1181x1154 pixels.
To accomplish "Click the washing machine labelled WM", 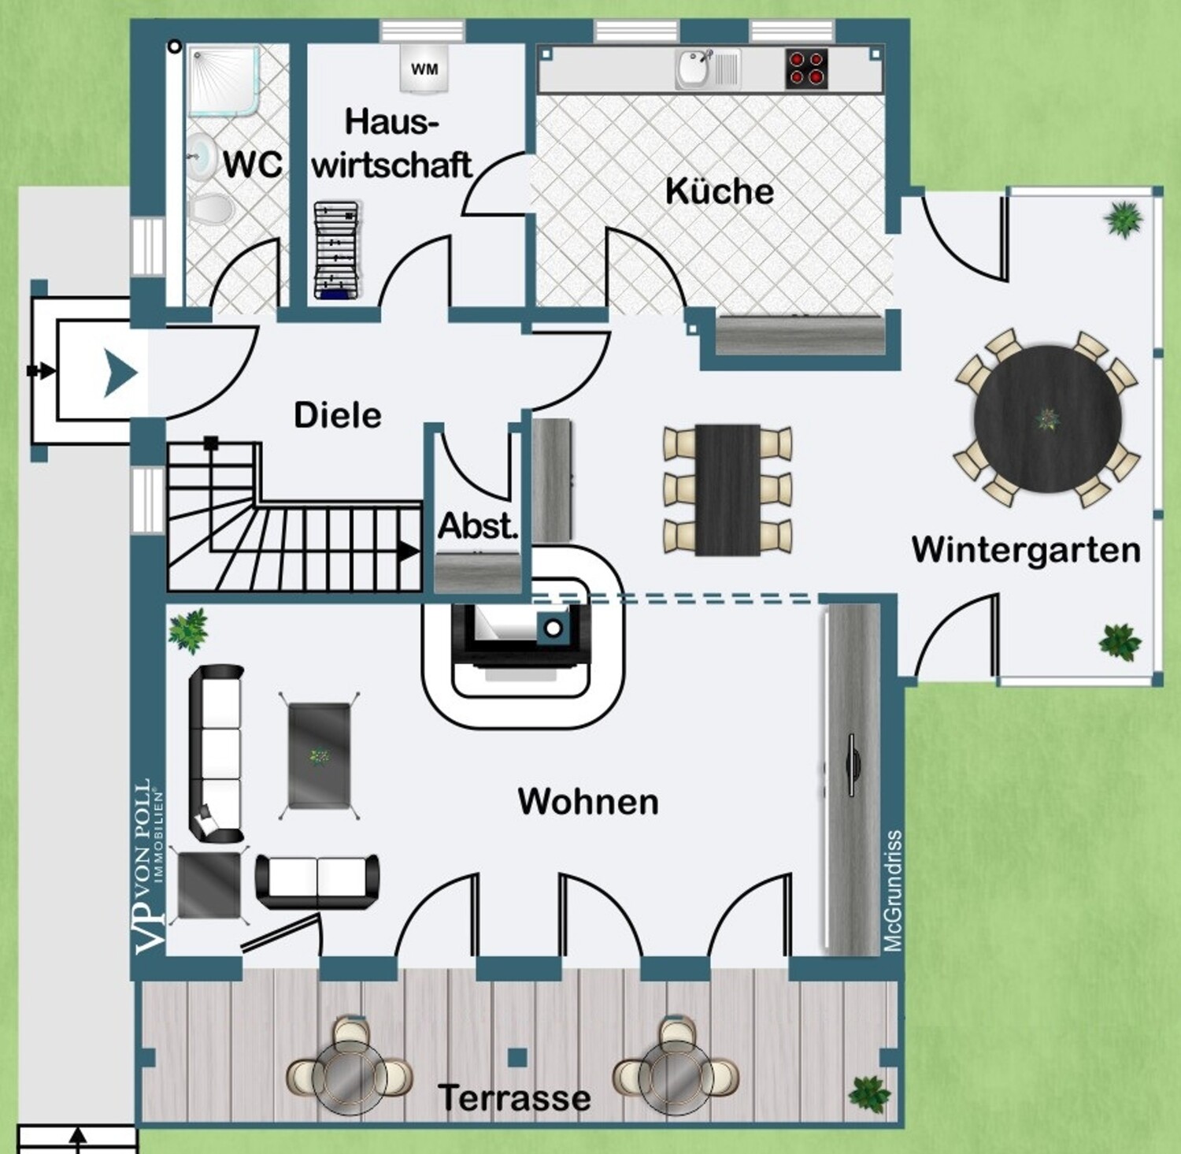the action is tap(424, 68).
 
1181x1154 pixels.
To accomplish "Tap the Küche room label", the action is tap(720, 191).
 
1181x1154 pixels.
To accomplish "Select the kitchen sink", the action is tap(708, 69).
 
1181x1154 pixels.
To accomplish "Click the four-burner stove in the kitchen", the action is tap(807, 69).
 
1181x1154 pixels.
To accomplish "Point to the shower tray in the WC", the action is tap(224, 79).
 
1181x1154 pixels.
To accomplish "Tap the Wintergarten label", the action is tap(1026, 550).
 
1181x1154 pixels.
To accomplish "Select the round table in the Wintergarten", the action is tap(1047, 417).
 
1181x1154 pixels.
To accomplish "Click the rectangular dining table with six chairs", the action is tap(727, 489).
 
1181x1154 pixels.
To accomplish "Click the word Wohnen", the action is tap(588, 801).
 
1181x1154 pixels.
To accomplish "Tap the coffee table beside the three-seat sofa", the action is tap(319, 755).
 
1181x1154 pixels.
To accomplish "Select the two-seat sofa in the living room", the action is tap(317, 881).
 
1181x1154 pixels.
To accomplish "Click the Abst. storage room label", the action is tap(478, 526).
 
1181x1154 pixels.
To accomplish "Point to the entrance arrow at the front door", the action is tap(121, 372).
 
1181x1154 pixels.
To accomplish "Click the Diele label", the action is tap(338, 415).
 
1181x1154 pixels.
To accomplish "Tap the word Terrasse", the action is tap(514, 1097).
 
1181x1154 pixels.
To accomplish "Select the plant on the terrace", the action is tap(869, 1093).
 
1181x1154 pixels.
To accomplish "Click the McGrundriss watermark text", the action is tap(892, 891).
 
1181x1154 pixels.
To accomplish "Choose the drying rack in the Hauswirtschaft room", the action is tap(337, 250).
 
